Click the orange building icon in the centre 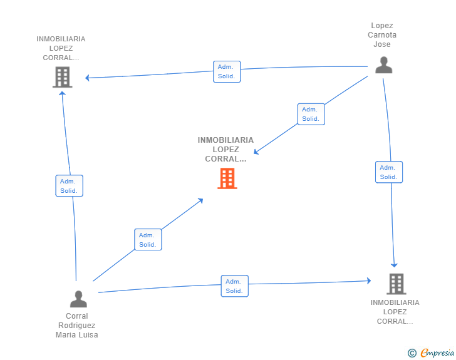tap(227, 178)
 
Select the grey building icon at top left tap(61, 77)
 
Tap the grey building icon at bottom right tap(396, 284)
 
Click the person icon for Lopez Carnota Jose tap(383, 65)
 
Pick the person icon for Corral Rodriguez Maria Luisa tap(78, 299)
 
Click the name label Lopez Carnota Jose tap(382, 35)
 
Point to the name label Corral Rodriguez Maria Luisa tap(77, 325)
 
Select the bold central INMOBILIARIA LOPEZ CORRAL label tap(225, 149)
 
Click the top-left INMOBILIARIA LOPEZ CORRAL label tap(61, 48)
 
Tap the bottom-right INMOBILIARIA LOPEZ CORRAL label tap(395, 312)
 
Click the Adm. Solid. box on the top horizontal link tap(226, 71)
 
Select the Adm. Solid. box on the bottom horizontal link tap(234, 286)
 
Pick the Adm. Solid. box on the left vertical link tap(68, 186)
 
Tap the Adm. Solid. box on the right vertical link tap(388, 172)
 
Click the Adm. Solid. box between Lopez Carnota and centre tap(311, 114)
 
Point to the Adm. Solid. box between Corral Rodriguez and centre tap(148, 240)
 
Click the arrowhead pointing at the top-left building tap(88, 78)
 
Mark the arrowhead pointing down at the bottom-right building tap(395, 265)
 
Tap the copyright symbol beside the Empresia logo tap(412, 354)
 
